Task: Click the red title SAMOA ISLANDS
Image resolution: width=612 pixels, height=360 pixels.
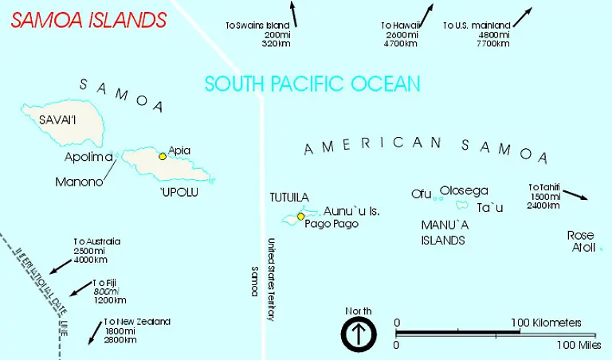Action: (x=88, y=20)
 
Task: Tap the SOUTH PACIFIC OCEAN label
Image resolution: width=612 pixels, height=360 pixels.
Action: (x=312, y=84)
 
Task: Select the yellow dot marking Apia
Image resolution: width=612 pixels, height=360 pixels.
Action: (x=163, y=156)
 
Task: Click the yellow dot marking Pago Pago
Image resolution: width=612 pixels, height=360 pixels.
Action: (x=300, y=217)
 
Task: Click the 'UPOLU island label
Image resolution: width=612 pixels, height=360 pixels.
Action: (x=178, y=192)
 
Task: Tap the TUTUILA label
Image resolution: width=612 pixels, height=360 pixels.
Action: (x=289, y=197)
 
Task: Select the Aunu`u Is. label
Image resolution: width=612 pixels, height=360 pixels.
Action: (x=351, y=211)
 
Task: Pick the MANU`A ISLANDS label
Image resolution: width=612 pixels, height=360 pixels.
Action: (x=443, y=232)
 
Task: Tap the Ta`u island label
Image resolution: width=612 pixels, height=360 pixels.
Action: (x=490, y=208)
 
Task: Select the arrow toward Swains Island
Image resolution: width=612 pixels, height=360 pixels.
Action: (x=292, y=14)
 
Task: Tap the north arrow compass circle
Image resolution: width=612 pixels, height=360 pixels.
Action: (x=359, y=334)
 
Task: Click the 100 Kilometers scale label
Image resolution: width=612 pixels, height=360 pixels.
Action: (x=547, y=323)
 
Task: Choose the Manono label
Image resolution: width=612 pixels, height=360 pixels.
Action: (x=79, y=182)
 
